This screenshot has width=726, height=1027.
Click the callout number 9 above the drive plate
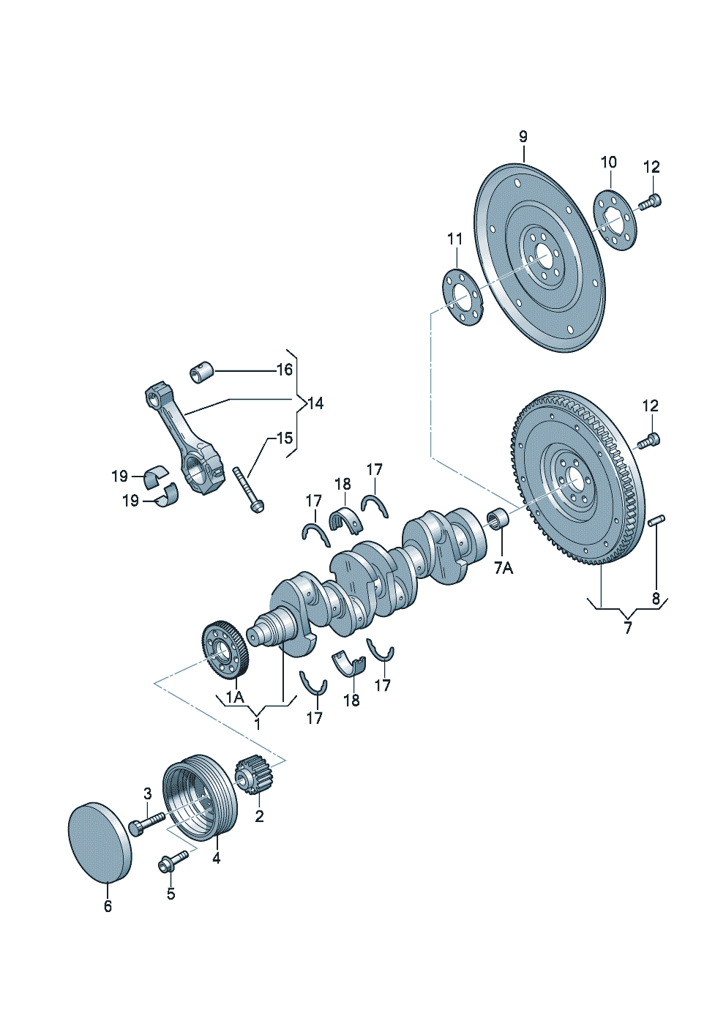[523, 137]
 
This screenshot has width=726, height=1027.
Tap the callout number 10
[609, 163]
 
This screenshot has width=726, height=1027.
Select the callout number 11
[455, 239]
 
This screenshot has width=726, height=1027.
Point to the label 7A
[504, 569]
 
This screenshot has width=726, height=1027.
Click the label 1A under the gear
[235, 711]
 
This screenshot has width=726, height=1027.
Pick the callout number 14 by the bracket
[315, 403]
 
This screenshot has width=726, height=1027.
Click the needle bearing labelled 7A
[497, 520]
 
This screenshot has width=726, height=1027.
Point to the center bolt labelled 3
[146, 824]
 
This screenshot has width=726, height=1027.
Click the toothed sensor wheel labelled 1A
[225, 651]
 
